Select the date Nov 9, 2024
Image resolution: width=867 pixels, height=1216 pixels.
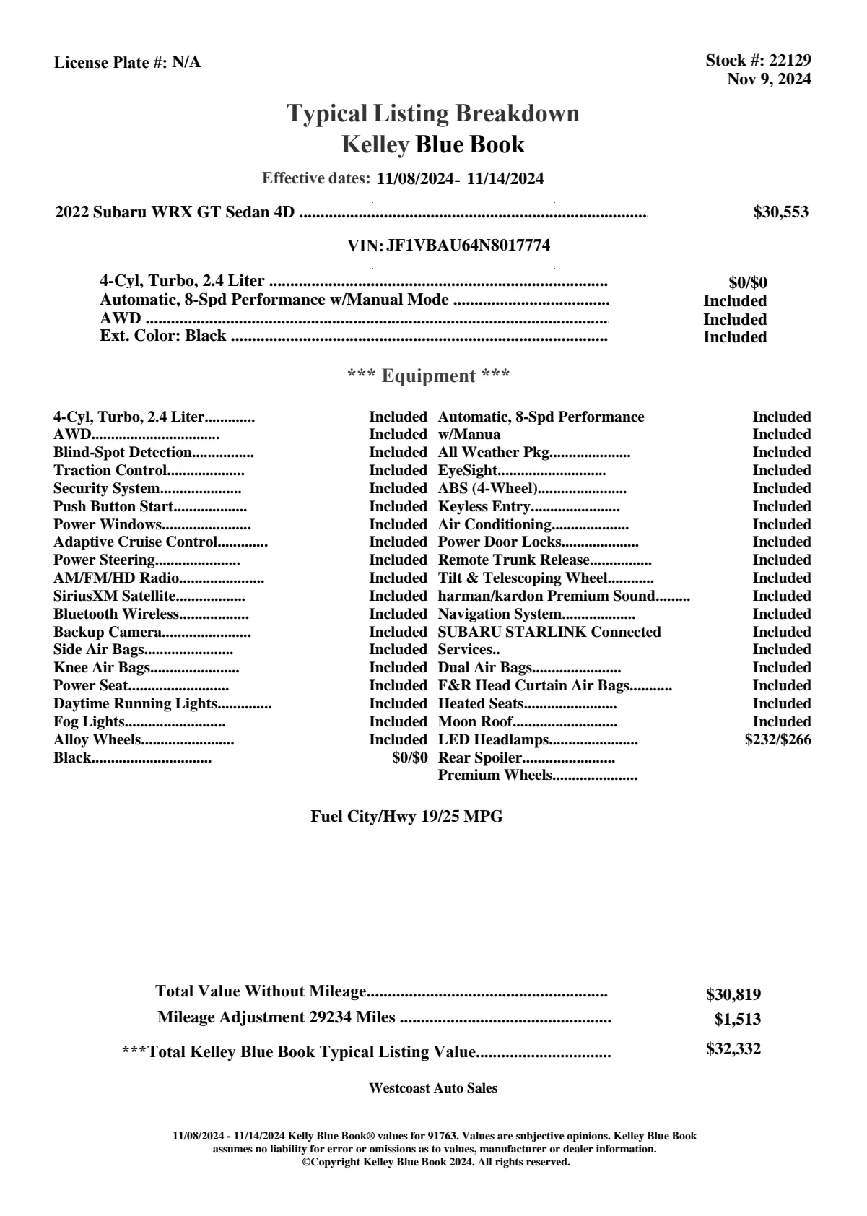768,79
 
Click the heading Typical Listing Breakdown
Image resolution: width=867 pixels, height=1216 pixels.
433,113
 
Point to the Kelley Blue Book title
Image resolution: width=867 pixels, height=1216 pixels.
433,144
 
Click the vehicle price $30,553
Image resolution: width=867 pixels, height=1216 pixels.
781,212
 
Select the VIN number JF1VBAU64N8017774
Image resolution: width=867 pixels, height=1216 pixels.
468,246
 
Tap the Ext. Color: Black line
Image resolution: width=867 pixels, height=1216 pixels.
163,336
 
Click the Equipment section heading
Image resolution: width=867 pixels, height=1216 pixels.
429,375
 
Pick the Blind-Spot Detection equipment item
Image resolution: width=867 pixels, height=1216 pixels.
123,453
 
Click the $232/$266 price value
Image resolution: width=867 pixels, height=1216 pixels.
777,739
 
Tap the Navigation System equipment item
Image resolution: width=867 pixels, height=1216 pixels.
500,614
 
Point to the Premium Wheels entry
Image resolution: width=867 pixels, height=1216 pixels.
495,776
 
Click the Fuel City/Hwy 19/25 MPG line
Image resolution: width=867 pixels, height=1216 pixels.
406,817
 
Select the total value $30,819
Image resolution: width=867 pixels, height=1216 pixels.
733,995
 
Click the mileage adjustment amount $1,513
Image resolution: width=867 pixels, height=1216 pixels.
738,1020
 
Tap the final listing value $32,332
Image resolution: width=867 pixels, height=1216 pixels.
733,1049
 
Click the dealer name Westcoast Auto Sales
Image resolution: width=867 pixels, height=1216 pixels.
433,1088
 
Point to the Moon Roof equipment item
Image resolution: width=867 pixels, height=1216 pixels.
475,722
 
